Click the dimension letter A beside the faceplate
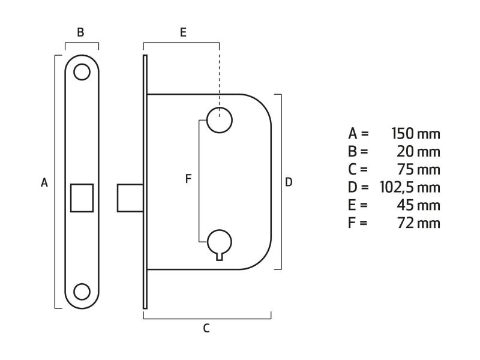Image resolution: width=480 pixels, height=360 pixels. click(44, 182)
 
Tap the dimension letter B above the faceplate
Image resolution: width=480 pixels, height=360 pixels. click(80, 33)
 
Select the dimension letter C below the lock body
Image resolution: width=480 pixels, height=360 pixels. click(206, 328)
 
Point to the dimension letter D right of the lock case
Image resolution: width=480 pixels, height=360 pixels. click(289, 182)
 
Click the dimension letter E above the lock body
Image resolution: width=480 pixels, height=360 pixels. click(183, 33)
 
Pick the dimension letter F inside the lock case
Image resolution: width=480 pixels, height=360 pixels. click(188, 179)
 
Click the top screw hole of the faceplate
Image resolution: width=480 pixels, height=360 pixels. click(82, 72)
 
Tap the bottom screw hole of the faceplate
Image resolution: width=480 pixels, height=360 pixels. click(82, 292)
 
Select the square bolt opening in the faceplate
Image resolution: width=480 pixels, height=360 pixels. click(82, 197)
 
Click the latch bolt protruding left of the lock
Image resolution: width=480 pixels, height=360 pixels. click(130, 197)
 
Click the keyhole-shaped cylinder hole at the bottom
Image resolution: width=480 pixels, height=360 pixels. click(219, 244)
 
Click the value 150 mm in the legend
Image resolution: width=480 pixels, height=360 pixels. click(415, 133)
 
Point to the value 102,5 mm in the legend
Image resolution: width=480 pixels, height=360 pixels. click(410, 187)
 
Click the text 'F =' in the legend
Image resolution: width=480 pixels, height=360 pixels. click(358, 223)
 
